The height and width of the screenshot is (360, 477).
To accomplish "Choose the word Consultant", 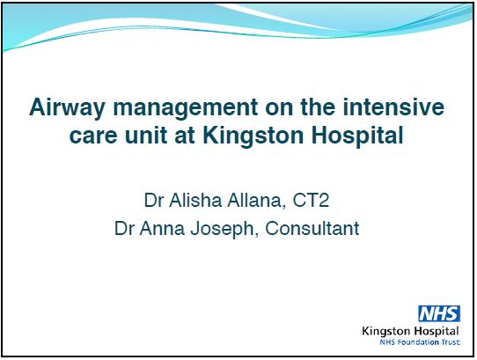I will point(315,229).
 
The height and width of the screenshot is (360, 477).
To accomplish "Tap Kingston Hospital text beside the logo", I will point(410,329).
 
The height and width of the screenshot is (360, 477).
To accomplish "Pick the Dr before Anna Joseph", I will point(128,229).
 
